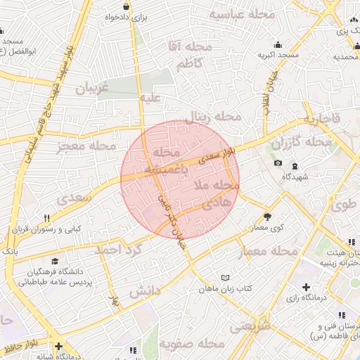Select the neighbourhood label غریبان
click(88, 89)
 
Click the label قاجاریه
click(321, 119)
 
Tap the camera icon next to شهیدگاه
click(278, 163)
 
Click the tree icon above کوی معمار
click(267, 217)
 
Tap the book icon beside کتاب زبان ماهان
click(225, 278)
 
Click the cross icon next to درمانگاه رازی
click(305, 287)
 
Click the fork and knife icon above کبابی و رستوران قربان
click(47, 218)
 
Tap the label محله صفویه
click(191, 344)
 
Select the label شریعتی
click(250, 326)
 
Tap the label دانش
click(146, 290)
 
